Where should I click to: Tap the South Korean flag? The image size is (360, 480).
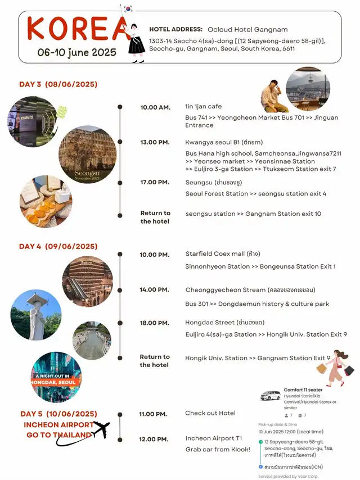pos(128,9)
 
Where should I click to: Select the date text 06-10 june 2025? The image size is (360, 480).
pos(77,52)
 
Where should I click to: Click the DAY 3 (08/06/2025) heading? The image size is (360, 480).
pos(58,84)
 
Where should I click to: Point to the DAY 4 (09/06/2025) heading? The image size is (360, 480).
pos(58,246)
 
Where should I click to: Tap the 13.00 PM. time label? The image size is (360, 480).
pos(155,142)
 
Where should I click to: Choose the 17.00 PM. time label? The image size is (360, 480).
pos(155,182)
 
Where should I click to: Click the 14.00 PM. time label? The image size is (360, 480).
pos(155,289)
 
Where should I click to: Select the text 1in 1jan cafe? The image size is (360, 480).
pos(203,106)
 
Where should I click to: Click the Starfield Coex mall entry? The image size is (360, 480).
pos(223,253)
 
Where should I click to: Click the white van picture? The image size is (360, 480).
pos(270,396)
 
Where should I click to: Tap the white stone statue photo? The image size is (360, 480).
pos(35,315)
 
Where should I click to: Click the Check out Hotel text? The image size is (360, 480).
pos(210,413)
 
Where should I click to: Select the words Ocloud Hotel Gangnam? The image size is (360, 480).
pos(247,29)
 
